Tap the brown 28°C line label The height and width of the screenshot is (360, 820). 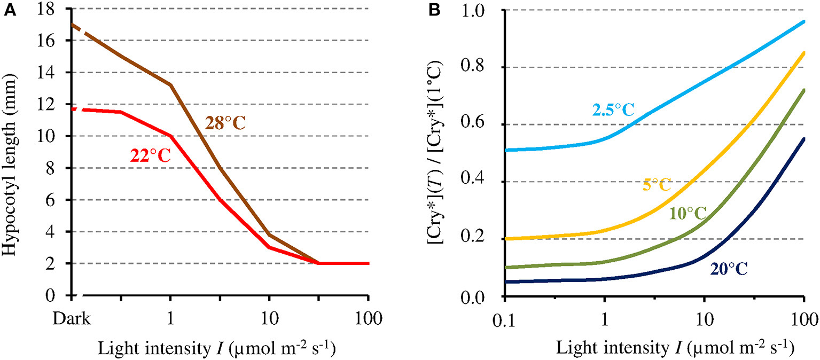click(226, 124)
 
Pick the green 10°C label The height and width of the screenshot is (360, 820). click(687, 214)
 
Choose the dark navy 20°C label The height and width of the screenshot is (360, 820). click(728, 269)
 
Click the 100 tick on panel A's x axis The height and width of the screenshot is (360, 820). click(369, 320)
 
